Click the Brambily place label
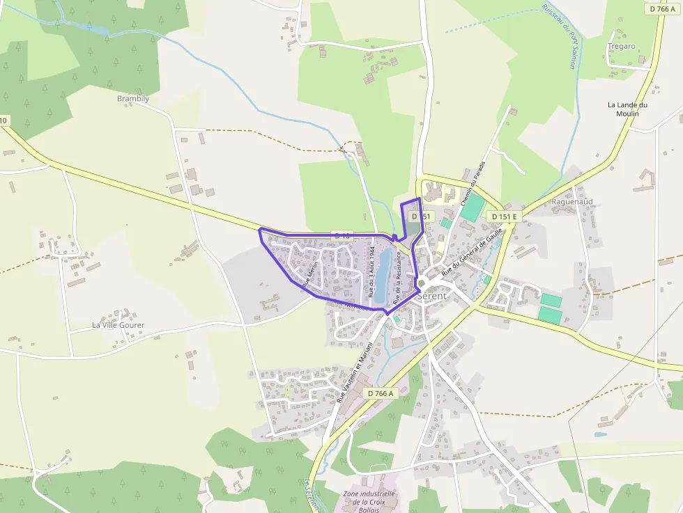pos(133,99)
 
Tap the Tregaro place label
pos(621,46)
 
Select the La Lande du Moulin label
pos(627,109)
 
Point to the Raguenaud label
pos(571,202)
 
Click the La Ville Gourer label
pos(118,325)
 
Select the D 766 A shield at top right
pos(662,9)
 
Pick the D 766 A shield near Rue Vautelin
pos(380,393)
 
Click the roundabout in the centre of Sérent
pos(422,283)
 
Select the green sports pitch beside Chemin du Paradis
pos(473,207)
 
